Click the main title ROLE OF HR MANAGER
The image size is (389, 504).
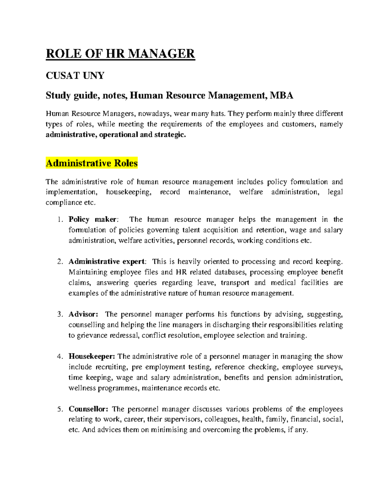point(120,53)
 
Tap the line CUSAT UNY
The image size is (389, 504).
point(75,76)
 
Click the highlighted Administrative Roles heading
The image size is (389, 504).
point(92,163)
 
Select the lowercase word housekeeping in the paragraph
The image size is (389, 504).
point(128,192)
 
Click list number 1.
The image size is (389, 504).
point(59,220)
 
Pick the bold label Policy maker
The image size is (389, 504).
point(93,220)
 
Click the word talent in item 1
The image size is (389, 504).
point(192,230)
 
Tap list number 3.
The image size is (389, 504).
point(59,314)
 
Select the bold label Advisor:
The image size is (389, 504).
point(83,314)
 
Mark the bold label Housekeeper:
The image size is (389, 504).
point(92,357)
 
